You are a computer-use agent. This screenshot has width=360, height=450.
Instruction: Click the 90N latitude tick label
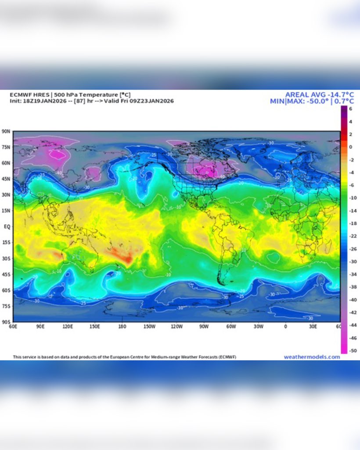[x=6, y=131]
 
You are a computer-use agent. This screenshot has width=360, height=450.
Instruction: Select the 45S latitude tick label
[x=6, y=274]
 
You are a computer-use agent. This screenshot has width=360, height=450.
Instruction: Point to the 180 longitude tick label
[x=122, y=327]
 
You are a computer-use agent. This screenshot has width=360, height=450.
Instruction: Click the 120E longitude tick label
[x=68, y=327]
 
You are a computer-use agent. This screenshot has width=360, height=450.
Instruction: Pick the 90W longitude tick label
[x=204, y=327]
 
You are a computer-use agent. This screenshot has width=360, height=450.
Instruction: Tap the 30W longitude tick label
[x=258, y=327]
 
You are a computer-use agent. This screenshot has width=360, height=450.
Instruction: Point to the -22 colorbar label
[x=353, y=236]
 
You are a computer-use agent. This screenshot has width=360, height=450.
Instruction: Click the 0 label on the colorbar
[x=350, y=147]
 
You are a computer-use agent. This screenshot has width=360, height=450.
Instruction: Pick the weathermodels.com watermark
[x=312, y=357]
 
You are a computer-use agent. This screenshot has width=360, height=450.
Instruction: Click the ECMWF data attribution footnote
[x=124, y=357]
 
